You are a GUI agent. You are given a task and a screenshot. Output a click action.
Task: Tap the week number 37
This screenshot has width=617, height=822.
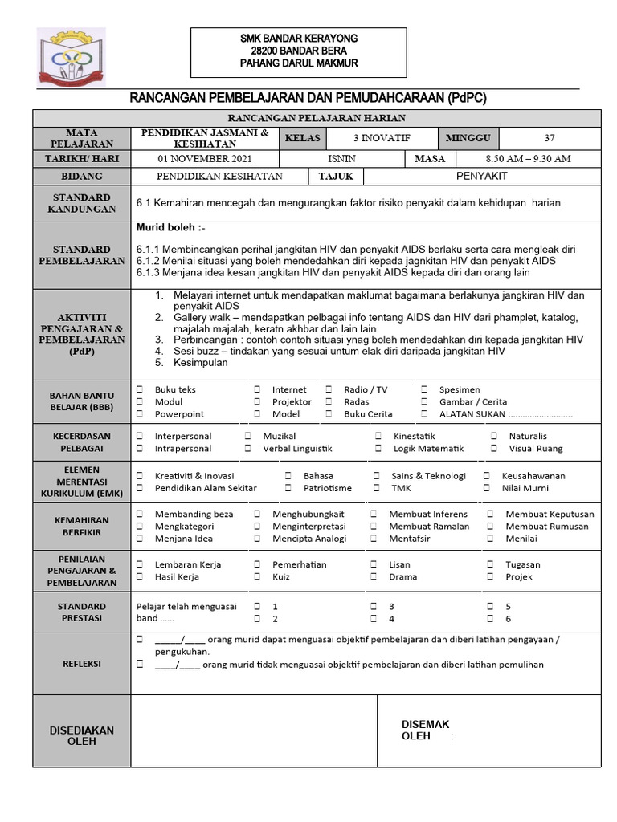(x=550, y=138)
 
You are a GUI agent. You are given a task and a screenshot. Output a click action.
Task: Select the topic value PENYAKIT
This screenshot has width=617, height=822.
(x=481, y=176)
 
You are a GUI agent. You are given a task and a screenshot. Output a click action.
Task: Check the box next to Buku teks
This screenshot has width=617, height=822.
(x=140, y=389)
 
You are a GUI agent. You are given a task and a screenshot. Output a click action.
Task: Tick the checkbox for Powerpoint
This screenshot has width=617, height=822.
(x=140, y=414)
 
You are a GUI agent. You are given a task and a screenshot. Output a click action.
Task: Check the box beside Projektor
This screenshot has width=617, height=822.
(x=257, y=401)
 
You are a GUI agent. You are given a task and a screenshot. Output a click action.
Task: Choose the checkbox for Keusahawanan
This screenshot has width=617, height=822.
(x=486, y=475)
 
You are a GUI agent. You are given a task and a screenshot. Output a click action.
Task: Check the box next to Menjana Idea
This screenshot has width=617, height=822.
(x=140, y=539)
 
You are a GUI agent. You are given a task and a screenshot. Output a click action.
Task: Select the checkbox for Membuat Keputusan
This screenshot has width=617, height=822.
(x=489, y=514)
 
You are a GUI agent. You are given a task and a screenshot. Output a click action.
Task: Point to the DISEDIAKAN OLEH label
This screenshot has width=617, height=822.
(x=82, y=735)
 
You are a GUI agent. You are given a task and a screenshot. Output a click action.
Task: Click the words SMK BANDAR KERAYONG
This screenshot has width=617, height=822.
(x=299, y=39)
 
